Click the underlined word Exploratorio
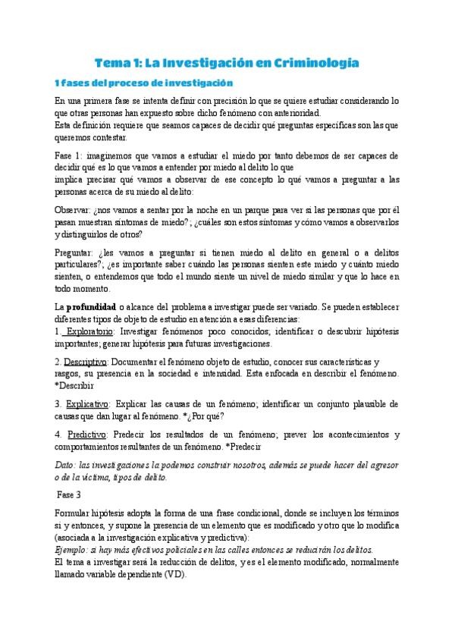pos(87,331)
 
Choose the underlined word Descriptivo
pos(85,362)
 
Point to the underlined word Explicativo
pos(86,403)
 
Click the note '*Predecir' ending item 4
pos(260,447)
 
